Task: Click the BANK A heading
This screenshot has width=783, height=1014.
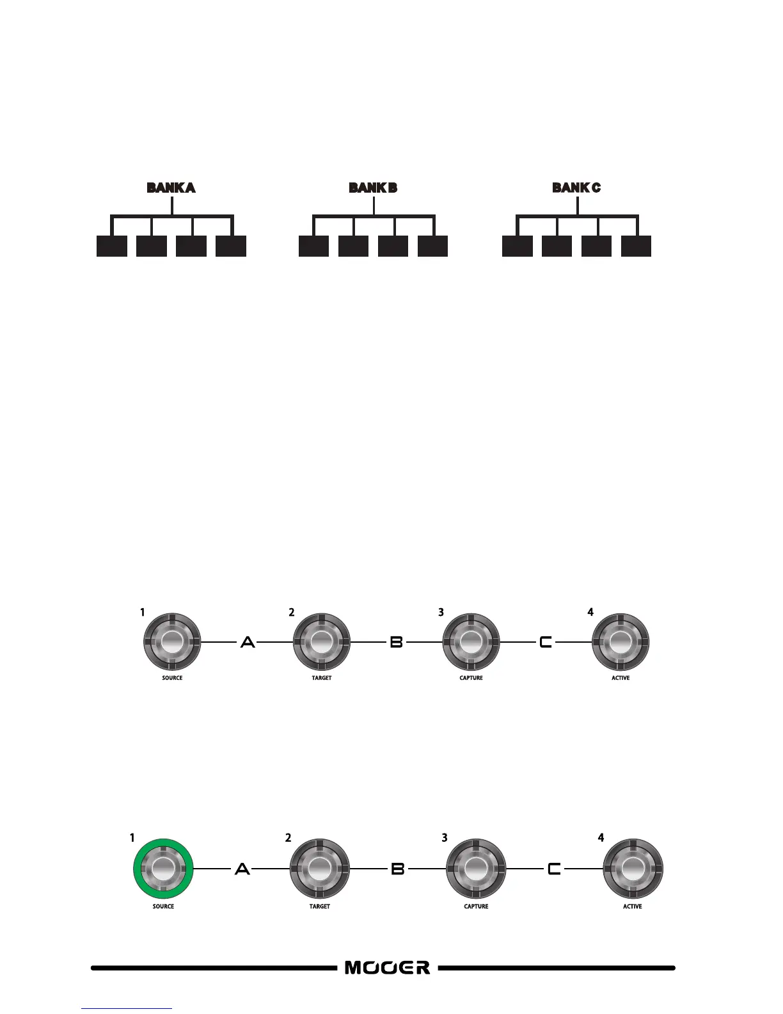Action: click(171, 188)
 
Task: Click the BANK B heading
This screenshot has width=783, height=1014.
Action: click(373, 188)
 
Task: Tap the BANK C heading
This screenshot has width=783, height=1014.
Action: click(576, 188)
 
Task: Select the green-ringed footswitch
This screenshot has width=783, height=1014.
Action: click(162, 868)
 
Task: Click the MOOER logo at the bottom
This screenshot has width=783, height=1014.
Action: click(388, 967)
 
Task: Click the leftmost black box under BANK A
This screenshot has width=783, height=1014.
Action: click(112, 246)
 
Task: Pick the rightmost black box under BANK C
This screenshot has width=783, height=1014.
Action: click(636, 246)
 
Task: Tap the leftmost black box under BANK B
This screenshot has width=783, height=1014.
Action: click(314, 246)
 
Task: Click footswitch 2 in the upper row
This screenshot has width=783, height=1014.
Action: click(322, 641)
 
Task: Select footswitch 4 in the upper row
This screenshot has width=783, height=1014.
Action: click(621, 641)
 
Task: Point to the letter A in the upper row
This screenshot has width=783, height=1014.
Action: click(248, 641)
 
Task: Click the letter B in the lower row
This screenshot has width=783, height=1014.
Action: click(398, 869)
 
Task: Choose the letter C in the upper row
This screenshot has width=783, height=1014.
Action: click(546, 641)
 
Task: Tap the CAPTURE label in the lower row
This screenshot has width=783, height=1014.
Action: click(476, 906)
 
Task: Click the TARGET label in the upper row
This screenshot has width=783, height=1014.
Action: click(322, 678)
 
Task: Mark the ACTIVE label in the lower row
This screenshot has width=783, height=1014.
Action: click(633, 906)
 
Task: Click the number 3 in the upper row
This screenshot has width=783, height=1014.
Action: click(441, 613)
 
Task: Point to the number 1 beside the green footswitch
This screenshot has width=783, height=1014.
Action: click(132, 837)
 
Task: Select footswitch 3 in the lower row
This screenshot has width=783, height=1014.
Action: click(475, 868)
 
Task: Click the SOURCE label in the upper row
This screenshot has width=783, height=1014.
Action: click(172, 678)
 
